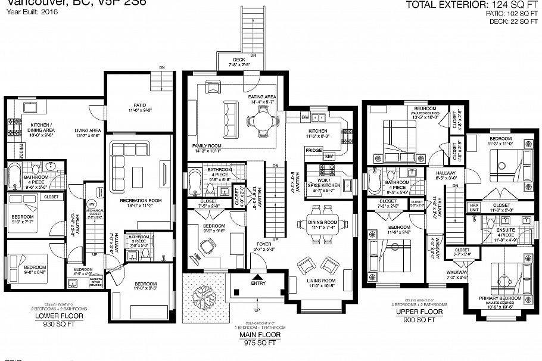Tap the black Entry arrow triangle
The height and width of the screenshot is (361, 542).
[258, 276]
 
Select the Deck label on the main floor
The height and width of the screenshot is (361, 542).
[239, 60]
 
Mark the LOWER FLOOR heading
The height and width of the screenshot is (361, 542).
[60, 316]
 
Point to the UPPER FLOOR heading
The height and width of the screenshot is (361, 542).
[423, 312]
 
